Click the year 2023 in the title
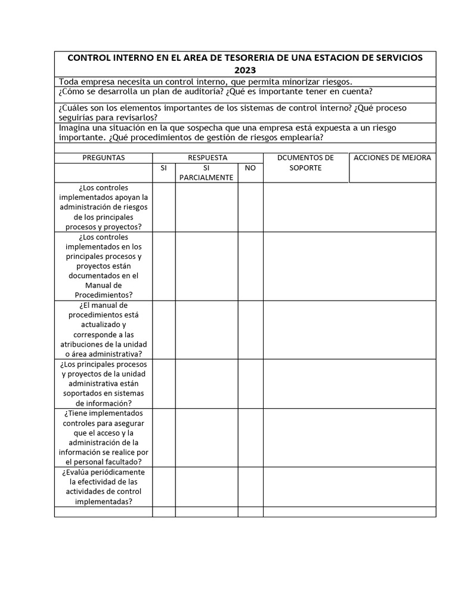tap(245, 70)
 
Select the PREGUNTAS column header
tap(103, 158)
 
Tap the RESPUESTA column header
tap(208, 158)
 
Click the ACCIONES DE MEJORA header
tap(392, 158)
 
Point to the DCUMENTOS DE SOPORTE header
tap(305, 162)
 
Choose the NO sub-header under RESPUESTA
tap(250, 168)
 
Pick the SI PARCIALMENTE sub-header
tap(206, 173)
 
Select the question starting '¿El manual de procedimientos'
tap(103, 329)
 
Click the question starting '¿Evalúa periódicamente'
tap(103, 487)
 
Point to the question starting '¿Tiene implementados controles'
tap(103, 437)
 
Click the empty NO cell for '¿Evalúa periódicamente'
tap(250, 487)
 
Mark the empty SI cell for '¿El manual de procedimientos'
tap(164, 329)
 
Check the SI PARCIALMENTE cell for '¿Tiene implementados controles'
tap(206, 437)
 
